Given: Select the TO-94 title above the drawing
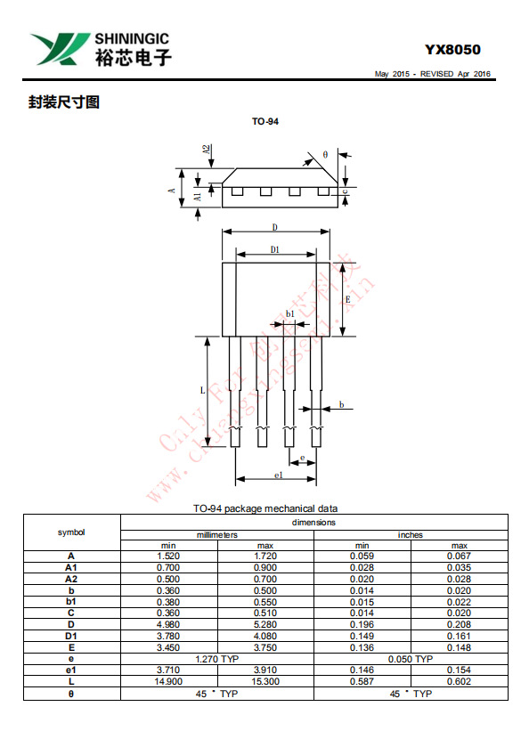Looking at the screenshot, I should click(265, 121).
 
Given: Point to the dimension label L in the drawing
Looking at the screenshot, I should click(202, 391).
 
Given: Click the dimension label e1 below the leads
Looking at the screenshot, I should click(278, 475).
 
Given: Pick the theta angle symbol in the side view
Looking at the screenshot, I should click(326, 154).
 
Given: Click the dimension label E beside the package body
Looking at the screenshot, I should click(347, 299).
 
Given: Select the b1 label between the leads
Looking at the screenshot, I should click(289, 313).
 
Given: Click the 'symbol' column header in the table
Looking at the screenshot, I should click(71, 532).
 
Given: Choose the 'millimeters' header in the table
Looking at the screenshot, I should click(216, 534).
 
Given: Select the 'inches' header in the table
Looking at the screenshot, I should click(411, 534).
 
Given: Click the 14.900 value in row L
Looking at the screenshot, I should click(168, 681).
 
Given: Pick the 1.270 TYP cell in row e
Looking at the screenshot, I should click(216, 658).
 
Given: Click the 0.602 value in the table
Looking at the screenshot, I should click(459, 681).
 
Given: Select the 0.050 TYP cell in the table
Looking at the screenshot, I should click(411, 658).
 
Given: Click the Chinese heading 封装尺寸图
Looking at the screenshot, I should click(63, 102).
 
